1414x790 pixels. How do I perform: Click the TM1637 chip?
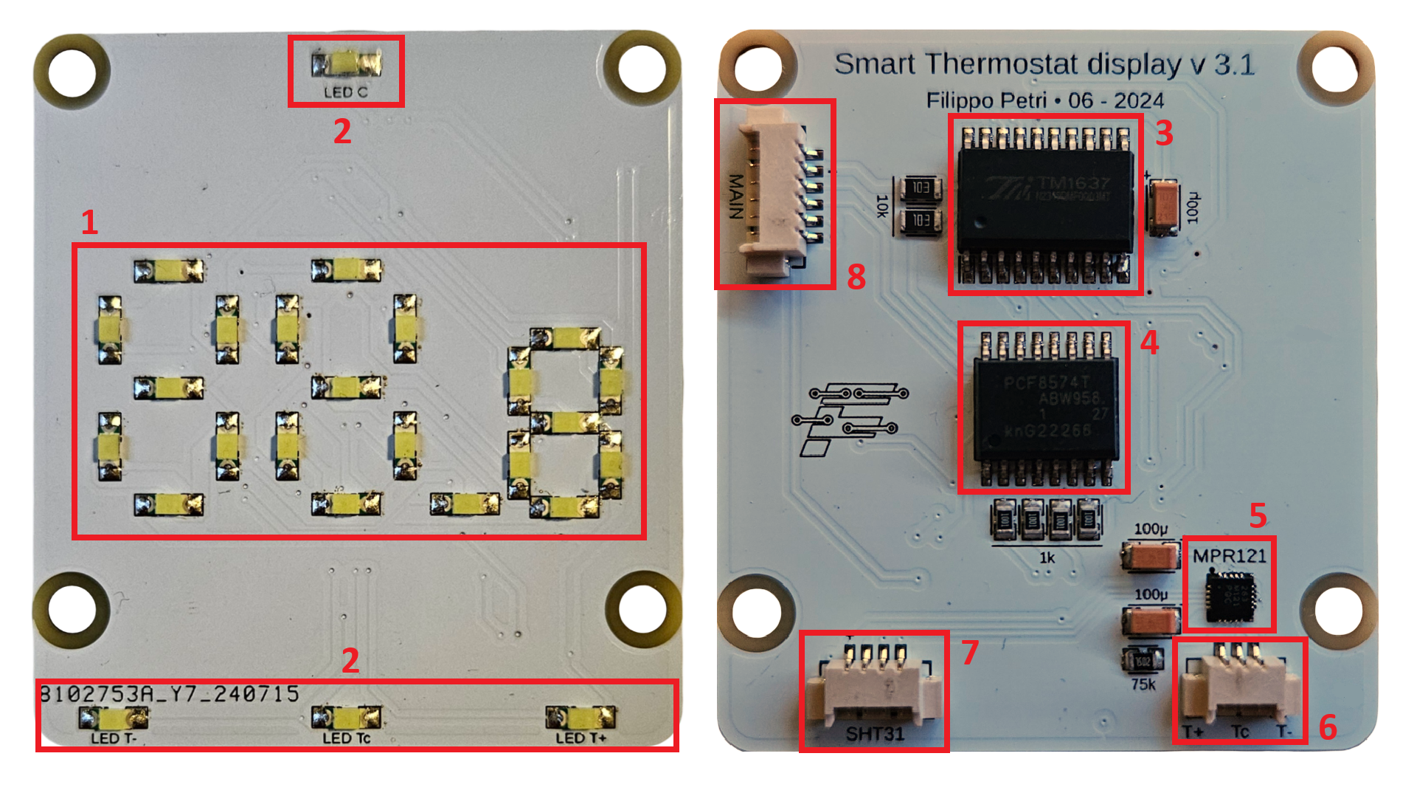[1044, 204]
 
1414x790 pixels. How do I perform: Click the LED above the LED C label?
[346, 64]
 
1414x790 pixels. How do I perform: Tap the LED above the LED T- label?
[114, 717]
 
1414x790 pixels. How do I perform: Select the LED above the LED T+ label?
[580, 717]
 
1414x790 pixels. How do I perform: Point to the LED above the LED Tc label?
[346, 717]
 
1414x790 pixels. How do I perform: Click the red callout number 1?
[89, 222]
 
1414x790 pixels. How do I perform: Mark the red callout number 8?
[856, 277]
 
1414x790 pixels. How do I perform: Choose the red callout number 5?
[1258, 515]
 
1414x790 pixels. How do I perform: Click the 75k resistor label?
[1143, 684]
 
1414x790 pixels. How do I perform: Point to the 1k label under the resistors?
[1047, 558]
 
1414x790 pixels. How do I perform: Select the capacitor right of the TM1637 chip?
[1163, 207]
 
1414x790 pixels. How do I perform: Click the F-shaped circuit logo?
[848, 418]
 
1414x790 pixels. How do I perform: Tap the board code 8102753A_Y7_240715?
[170, 694]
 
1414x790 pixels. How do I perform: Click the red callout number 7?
[969, 653]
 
